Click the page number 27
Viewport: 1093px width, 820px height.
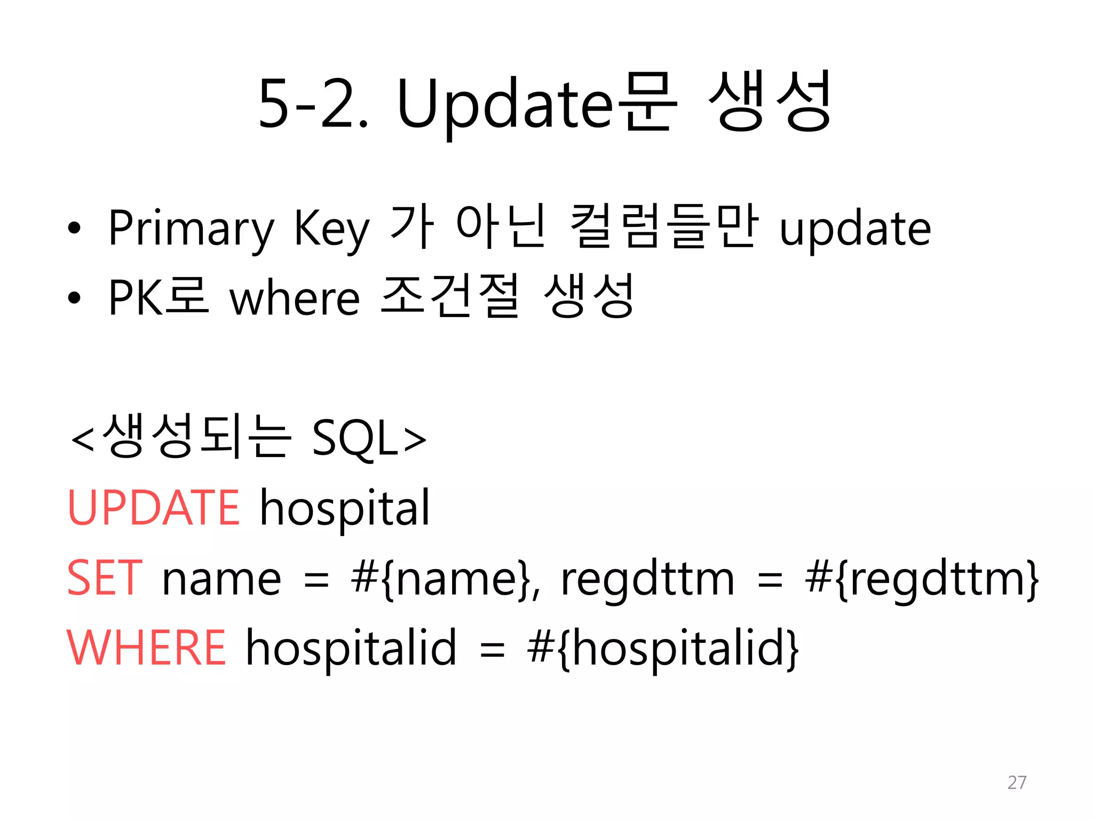(x=1017, y=782)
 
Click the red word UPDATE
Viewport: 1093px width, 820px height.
(x=154, y=508)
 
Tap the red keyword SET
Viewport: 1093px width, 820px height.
(x=105, y=578)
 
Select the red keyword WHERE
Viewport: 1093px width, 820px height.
(x=147, y=648)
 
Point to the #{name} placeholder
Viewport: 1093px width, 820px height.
(x=444, y=579)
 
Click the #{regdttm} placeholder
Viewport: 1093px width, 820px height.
(x=922, y=579)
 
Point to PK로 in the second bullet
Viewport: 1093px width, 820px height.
(x=158, y=297)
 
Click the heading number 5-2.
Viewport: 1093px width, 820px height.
(x=313, y=104)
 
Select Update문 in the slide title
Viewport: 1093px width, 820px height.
(x=536, y=104)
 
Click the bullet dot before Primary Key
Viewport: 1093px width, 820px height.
(x=74, y=228)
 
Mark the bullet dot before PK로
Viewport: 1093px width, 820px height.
(x=74, y=298)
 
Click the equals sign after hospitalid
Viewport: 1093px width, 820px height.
(x=492, y=650)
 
